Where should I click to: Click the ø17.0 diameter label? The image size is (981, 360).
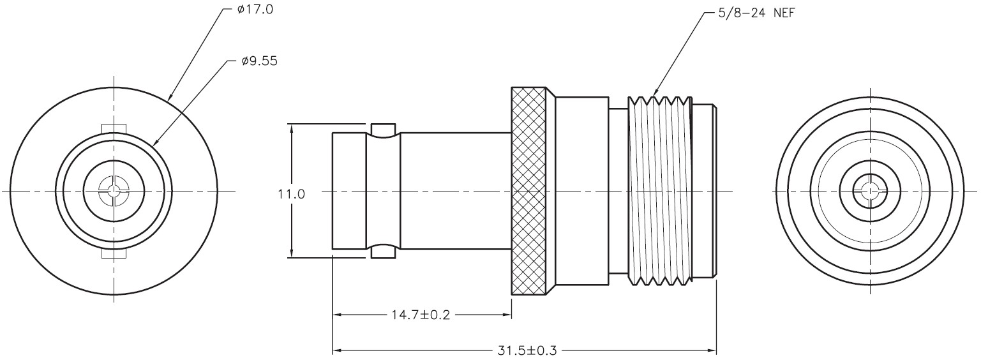coord(255,9)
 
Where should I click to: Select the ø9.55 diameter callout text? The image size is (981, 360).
coord(259,61)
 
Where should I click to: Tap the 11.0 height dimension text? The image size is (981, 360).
coord(291,193)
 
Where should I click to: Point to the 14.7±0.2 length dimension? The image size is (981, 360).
coord(421,315)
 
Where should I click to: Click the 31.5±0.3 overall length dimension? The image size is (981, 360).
coord(527,351)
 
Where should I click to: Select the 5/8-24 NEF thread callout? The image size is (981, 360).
coord(756,13)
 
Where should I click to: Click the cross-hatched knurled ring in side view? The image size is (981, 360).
coord(529,191)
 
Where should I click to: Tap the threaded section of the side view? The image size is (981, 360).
coord(660,191)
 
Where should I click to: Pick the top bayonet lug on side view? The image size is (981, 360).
coord(383,130)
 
